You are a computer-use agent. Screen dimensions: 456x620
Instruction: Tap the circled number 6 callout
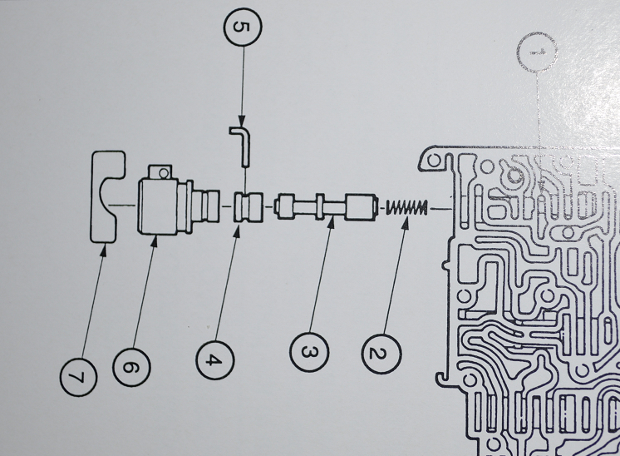(x=132, y=364)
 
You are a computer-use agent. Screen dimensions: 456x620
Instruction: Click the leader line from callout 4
(x=228, y=283)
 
